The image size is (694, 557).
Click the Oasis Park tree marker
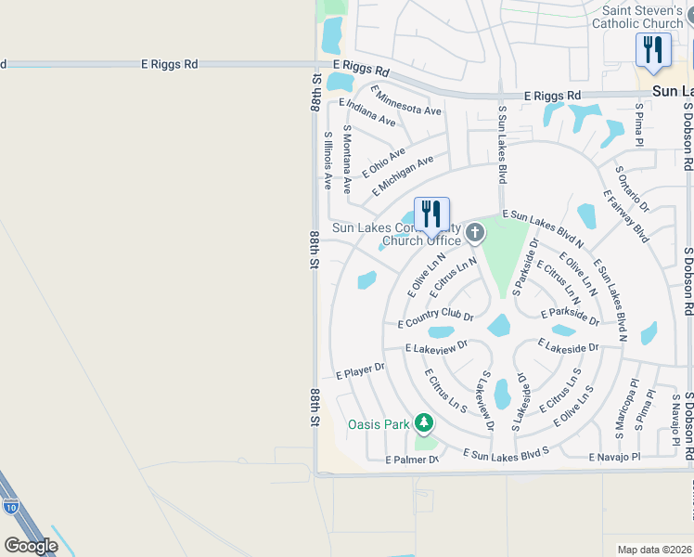pos(424,423)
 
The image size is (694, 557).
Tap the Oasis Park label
pos(379,425)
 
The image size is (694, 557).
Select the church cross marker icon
pos(475,232)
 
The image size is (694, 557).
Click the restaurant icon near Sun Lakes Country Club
pos(431,214)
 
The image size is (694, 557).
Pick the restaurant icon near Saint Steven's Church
pos(653,50)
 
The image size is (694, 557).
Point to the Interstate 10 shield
pos(8,507)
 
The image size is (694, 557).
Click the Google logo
pos(31,546)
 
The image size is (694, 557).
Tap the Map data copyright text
pos(654,549)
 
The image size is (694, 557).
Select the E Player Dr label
pos(360,371)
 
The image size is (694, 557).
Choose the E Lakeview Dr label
pos(436,346)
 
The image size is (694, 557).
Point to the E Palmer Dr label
pos(411,460)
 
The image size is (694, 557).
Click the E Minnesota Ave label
pos(405,100)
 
